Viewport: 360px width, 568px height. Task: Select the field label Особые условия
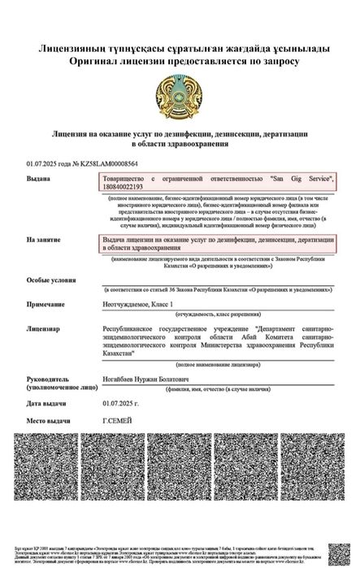[51, 279]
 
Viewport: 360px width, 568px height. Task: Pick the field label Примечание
[46, 303]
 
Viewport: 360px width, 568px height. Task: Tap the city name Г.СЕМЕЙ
[115, 422]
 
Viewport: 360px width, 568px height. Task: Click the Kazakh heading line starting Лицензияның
[180, 50]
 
